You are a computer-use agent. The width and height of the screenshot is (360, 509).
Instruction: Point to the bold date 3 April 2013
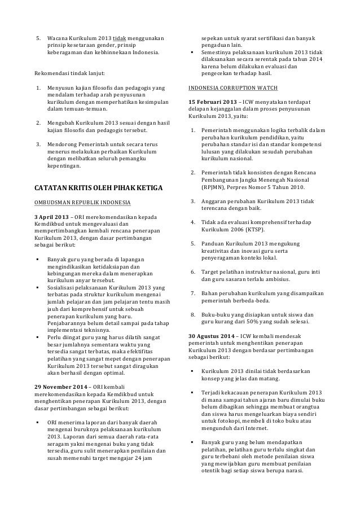(x=55, y=218)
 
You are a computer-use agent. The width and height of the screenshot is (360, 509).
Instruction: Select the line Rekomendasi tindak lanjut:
(x=71, y=73)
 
